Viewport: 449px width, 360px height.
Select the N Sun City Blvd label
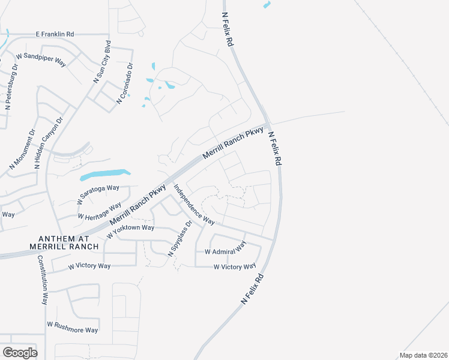tap(101, 61)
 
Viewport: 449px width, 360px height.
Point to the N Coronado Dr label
tap(124, 85)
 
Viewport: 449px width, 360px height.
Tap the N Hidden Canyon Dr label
tap(48, 143)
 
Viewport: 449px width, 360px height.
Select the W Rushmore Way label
tap(72, 329)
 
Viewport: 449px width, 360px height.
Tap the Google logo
tap(20, 352)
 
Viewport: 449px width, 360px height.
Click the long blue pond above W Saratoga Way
tap(104, 175)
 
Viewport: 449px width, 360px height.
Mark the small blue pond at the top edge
tap(266, 5)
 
